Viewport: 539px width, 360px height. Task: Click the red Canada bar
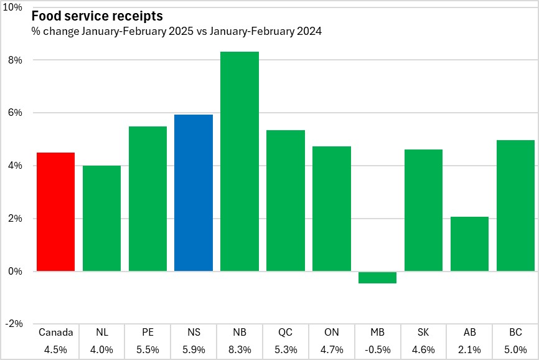click(55, 212)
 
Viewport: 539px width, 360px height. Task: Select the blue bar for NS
click(194, 193)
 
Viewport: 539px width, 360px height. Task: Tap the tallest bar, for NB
click(240, 161)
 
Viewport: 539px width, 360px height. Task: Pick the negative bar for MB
click(378, 277)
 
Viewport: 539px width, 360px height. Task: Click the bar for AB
click(470, 244)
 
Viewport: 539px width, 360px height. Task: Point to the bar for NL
click(101, 218)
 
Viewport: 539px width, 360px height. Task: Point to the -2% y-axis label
click(14, 324)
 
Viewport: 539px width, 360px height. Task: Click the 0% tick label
click(15, 272)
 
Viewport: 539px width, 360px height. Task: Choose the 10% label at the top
click(12, 7)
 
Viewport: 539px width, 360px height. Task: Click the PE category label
click(148, 333)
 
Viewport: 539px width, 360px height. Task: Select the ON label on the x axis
click(332, 333)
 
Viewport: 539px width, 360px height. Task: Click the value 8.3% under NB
click(240, 349)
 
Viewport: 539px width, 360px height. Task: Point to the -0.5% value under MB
click(378, 349)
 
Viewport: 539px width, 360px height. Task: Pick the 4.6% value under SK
click(424, 349)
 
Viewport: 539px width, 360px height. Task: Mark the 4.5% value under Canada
click(55, 349)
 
